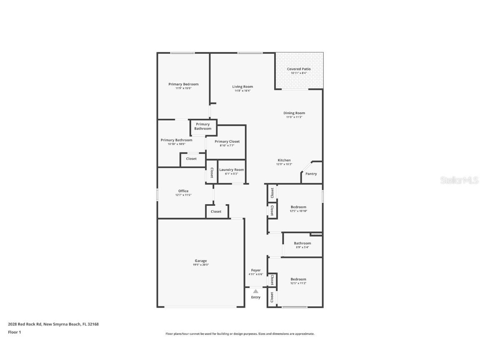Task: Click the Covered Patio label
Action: point(299,69)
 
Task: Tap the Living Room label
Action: point(242,87)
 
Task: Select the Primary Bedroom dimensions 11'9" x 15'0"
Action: point(183,88)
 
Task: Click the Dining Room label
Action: point(294,113)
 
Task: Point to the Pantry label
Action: point(311,174)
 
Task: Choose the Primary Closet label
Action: point(227,142)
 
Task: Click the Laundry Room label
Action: point(232,170)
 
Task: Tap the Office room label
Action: point(183,191)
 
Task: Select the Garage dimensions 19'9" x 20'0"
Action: point(200,265)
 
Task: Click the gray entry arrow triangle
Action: point(256,291)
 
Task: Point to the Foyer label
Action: point(256,270)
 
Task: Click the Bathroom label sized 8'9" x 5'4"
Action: point(302,243)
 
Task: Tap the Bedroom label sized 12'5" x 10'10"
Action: point(298,207)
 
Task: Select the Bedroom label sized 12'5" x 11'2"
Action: point(298,279)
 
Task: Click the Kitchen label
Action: point(284,160)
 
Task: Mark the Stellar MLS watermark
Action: point(459,180)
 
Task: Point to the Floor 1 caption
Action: point(14,332)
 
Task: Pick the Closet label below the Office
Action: point(216,212)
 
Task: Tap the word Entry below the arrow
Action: point(256,297)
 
